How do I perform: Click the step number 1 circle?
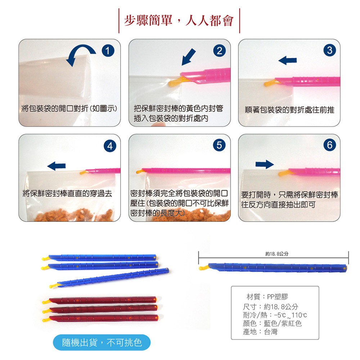(108, 50)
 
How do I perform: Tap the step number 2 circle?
(219, 50)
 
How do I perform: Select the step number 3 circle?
(330, 50)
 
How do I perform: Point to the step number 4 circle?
(110, 146)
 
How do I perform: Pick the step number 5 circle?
(219, 145)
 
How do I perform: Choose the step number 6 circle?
(330, 145)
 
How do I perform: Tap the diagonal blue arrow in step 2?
(189, 57)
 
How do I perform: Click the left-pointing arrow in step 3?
(287, 60)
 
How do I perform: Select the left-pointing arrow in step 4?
(57, 166)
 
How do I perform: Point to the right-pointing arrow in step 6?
(265, 164)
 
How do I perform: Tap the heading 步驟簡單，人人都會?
(179, 21)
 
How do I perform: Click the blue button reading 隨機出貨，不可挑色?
(102, 342)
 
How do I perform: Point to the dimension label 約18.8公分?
(276, 254)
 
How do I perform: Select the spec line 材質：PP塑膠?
(267, 297)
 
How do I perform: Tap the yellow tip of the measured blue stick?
(203, 267)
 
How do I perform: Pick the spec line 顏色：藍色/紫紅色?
(272, 323)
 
